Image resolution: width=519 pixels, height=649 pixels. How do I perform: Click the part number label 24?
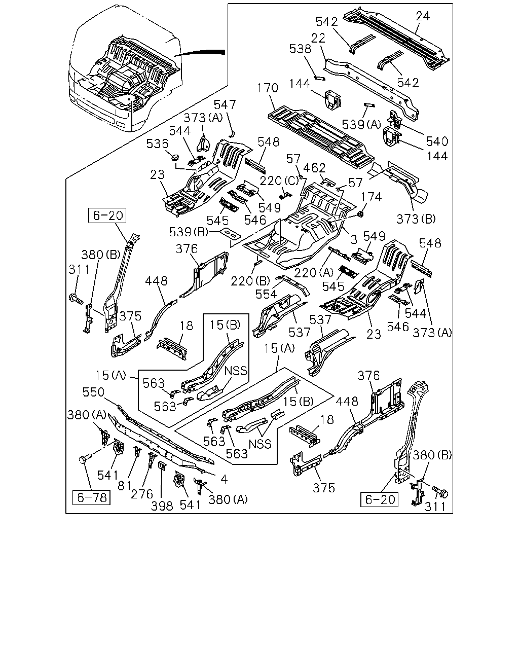point(422,16)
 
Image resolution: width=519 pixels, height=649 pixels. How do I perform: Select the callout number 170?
point(268,88)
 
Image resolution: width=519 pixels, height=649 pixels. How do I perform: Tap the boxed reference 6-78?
point(91,497)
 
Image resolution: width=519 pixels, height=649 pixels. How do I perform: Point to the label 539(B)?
point(189,232)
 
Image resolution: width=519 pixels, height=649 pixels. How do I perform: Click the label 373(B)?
point(416,219)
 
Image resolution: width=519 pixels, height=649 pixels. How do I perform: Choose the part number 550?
point(93,392)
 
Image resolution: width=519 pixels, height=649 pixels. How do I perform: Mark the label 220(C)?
point(279,181)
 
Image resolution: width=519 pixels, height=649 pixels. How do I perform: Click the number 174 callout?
point(371,197)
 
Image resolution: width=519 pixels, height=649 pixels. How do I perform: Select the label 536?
point(157,144)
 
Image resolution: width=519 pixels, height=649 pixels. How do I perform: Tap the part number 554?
point(266,295)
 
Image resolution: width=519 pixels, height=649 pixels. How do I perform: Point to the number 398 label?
point(162,506)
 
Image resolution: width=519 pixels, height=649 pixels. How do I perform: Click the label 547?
point(225,105)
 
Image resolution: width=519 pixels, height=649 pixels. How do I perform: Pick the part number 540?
point(437,141)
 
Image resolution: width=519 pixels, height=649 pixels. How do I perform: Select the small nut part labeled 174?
point(360,214)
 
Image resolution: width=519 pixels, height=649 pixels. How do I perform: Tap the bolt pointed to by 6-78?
point(85,459)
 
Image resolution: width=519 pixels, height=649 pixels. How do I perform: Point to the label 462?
point(314,168)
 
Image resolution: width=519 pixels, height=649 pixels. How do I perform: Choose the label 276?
point(142,494)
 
